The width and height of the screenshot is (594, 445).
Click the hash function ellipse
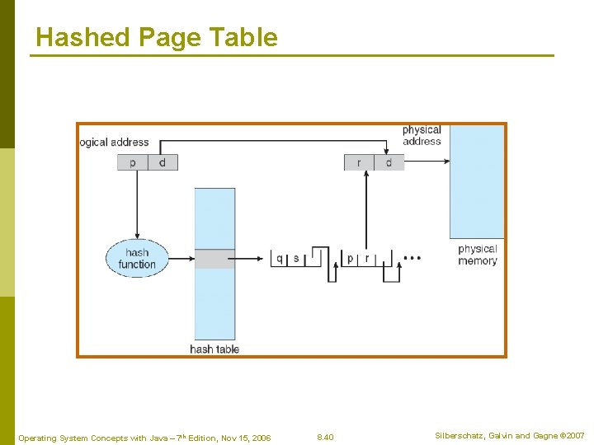coord(137,258)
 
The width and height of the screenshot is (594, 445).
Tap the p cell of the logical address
coord(133,162)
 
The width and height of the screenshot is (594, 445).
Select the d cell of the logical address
coord(163,162)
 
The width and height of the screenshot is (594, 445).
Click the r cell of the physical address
coord(359,162)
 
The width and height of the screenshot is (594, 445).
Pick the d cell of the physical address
coord(389,162)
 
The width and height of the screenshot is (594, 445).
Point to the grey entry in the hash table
coord(214,259)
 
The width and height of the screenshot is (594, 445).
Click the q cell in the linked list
coord(280,259)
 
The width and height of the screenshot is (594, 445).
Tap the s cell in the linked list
coord(296,259)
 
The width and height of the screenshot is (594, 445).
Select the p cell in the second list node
coord(351,259)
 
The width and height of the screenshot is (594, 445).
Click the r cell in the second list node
coord(367,259)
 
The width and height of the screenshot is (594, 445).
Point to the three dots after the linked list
coord(412,258)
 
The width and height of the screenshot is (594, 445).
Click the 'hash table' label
coord(214,349)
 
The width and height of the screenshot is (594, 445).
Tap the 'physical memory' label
coord(478,255)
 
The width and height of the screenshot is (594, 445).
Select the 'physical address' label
coord(422,135)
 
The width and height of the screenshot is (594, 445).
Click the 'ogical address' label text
coord(115,143)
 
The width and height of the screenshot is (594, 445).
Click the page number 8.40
coord(325,436)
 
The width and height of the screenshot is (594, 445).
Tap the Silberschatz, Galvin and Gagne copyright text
coord(510,435)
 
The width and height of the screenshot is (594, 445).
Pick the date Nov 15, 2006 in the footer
coord(245,437)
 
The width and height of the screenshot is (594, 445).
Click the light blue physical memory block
coord(476,181)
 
